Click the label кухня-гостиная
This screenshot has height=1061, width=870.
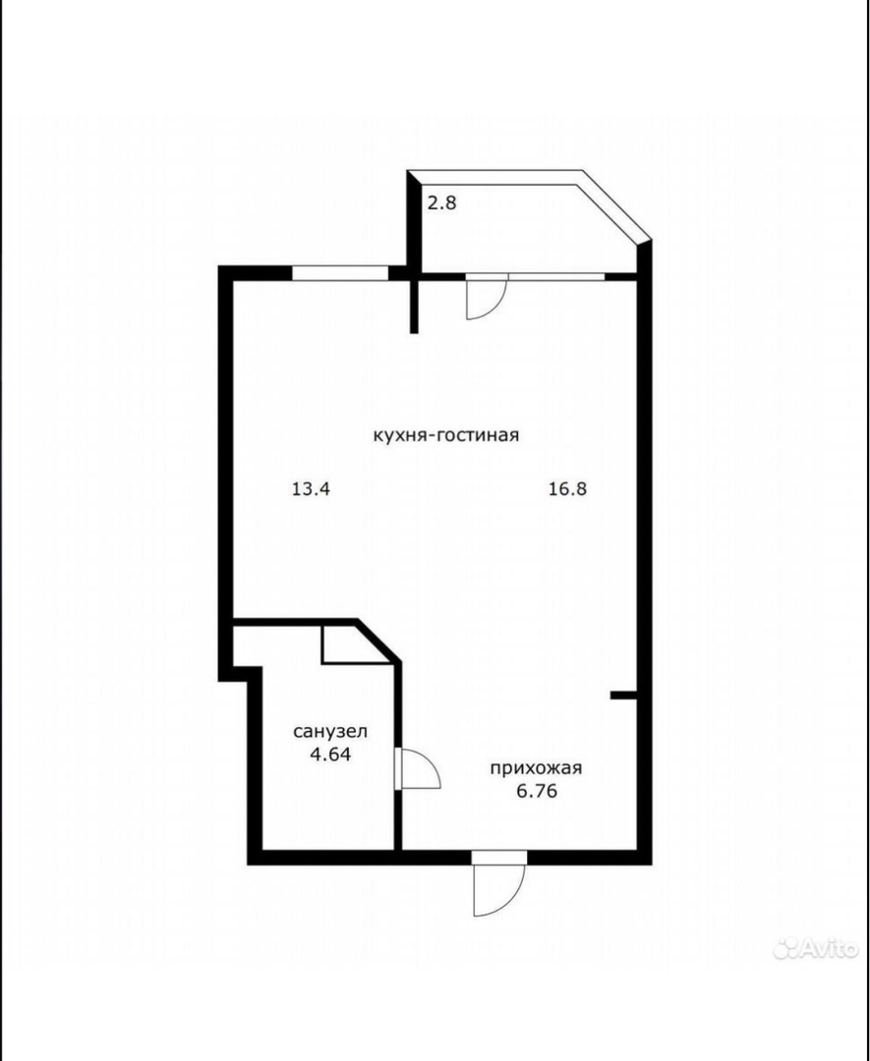click(446, 435)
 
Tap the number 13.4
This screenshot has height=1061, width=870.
click(311, 488)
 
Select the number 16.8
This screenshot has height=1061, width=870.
click(567, 488)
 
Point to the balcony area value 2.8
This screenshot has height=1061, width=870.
click(442, 202)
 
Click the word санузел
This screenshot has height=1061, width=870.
click(330, 732)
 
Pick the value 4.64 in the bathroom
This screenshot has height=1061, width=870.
click(330, 754)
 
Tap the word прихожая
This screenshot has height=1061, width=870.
click(536, 768)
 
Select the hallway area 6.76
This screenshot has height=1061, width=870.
click(537, 791)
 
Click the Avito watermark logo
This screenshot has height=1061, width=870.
click(815, 949)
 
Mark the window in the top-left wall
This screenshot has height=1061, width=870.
click(340, 273)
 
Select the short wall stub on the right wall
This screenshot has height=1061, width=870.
click(622, 695)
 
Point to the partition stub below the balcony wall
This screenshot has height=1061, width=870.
click(414, 307)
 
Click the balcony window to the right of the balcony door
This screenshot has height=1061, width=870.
click(555, 276)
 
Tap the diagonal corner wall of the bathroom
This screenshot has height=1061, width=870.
click(378, 642)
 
